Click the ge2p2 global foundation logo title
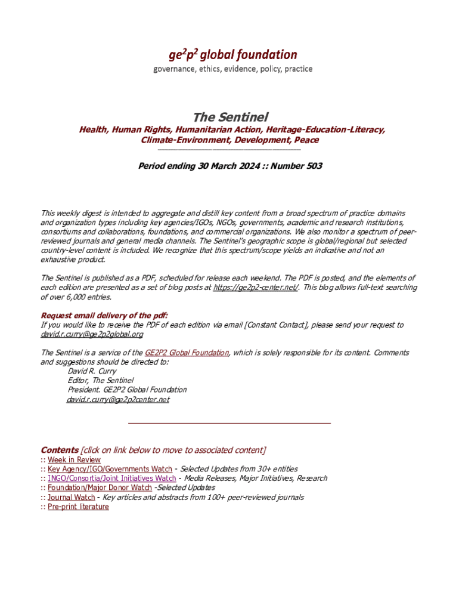(233, 55)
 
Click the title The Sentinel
(230, 116)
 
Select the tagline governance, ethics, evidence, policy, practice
(233, 69)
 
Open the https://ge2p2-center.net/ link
(256, 288)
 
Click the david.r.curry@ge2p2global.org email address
(91, 335)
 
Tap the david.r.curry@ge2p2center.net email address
(118, 400)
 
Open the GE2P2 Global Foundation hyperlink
(187, 353)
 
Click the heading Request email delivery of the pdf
(104, 315)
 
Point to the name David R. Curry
(92, 371)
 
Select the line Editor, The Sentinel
(101, 380)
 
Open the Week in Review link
(74, 460)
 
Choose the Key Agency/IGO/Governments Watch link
(110, 470)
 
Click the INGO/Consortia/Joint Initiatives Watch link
(111, 479)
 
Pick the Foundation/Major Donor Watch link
(100, 488)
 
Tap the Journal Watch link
(71, 497)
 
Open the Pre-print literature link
(78, 507)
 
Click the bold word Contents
(60, 450)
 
